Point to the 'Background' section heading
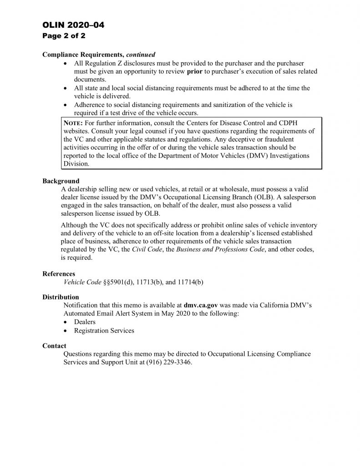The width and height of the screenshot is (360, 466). pyautogui.click(x=61, y=181)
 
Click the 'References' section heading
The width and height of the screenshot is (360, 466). pyautogui.click(x=59, y=274)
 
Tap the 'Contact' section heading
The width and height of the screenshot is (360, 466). pyautogui.click(x=54, y=346)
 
